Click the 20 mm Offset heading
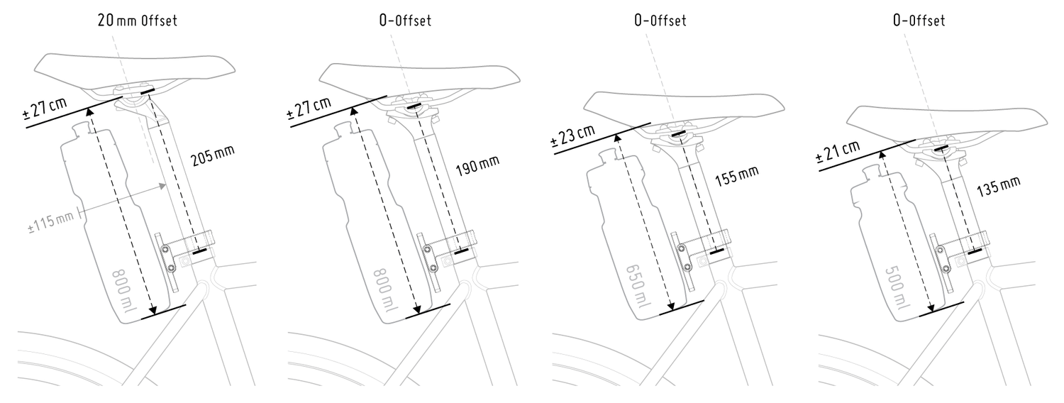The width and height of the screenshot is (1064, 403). pos(138,21)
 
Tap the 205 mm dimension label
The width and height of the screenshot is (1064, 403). pos(213,155)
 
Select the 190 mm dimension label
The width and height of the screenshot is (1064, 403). pos(477,165)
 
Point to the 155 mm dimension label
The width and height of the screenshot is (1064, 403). pos(737,175)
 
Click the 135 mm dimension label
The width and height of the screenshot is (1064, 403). pos(999,187)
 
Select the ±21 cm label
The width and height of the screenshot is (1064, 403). pos(838,151)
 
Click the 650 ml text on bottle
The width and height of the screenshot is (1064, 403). pos(637,286)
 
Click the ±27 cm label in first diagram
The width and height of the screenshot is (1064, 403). pos(45,109)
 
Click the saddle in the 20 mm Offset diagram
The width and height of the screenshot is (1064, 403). pos(135,72)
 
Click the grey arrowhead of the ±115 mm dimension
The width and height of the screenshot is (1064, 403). pos(162,187)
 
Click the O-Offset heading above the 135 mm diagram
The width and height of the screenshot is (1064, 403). pos(919,21)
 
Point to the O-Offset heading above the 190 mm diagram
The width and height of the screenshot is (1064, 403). pos(405,21)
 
